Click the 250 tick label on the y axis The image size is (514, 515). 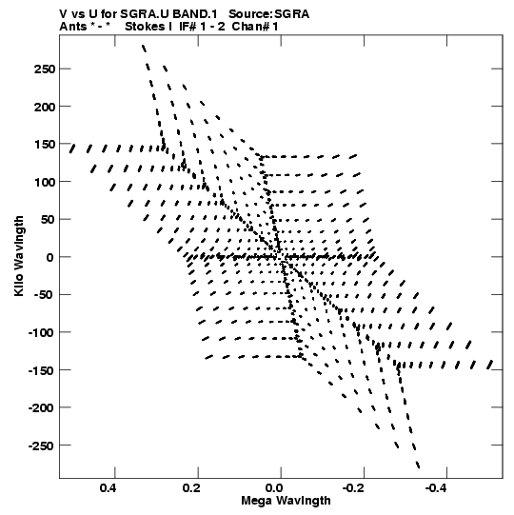tap(45, 69)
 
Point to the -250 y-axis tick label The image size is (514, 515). tap(41, 446)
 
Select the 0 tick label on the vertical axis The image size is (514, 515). tap(49, 257)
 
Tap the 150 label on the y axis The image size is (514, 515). tap(45, 145)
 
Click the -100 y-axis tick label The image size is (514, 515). tap(41, 333)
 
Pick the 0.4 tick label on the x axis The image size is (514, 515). tap(109, 488)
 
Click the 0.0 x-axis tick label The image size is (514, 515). tap(274, 488)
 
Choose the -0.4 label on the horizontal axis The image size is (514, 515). tap(438, 488)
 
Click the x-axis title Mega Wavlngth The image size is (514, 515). tap(286, 501)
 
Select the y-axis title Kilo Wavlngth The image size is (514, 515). tap(19, 256)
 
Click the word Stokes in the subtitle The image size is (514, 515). tap(148, 27)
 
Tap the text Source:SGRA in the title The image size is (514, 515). tap(269, 14)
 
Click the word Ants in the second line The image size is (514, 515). tap(73, 27)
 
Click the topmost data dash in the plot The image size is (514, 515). tap(144, 49)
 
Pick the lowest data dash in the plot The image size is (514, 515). tap(418, 465)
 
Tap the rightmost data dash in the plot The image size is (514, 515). tap(490, 365)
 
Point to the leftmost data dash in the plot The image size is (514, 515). tap(72, 149)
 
